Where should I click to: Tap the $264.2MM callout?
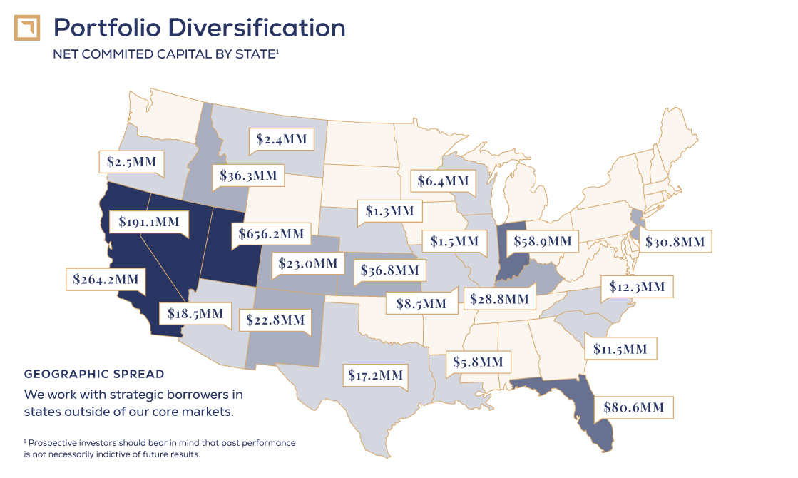(106, 278)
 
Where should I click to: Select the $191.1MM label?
(149, 222)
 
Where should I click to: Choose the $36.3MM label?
(248, 176)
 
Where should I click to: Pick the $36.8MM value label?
(390, 270)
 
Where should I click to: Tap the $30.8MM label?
(675, 242)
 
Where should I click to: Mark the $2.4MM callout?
(282, 139)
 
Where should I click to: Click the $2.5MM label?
(131, 161)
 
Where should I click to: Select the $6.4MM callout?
(444, 181)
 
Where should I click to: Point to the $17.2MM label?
(375, 374)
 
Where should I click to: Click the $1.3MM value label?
(389, 210)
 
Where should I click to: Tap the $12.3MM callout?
(637, 287)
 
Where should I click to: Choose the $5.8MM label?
(478, 362)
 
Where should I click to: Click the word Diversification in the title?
(257, 28)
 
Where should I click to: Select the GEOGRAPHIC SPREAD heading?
(94, 374)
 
